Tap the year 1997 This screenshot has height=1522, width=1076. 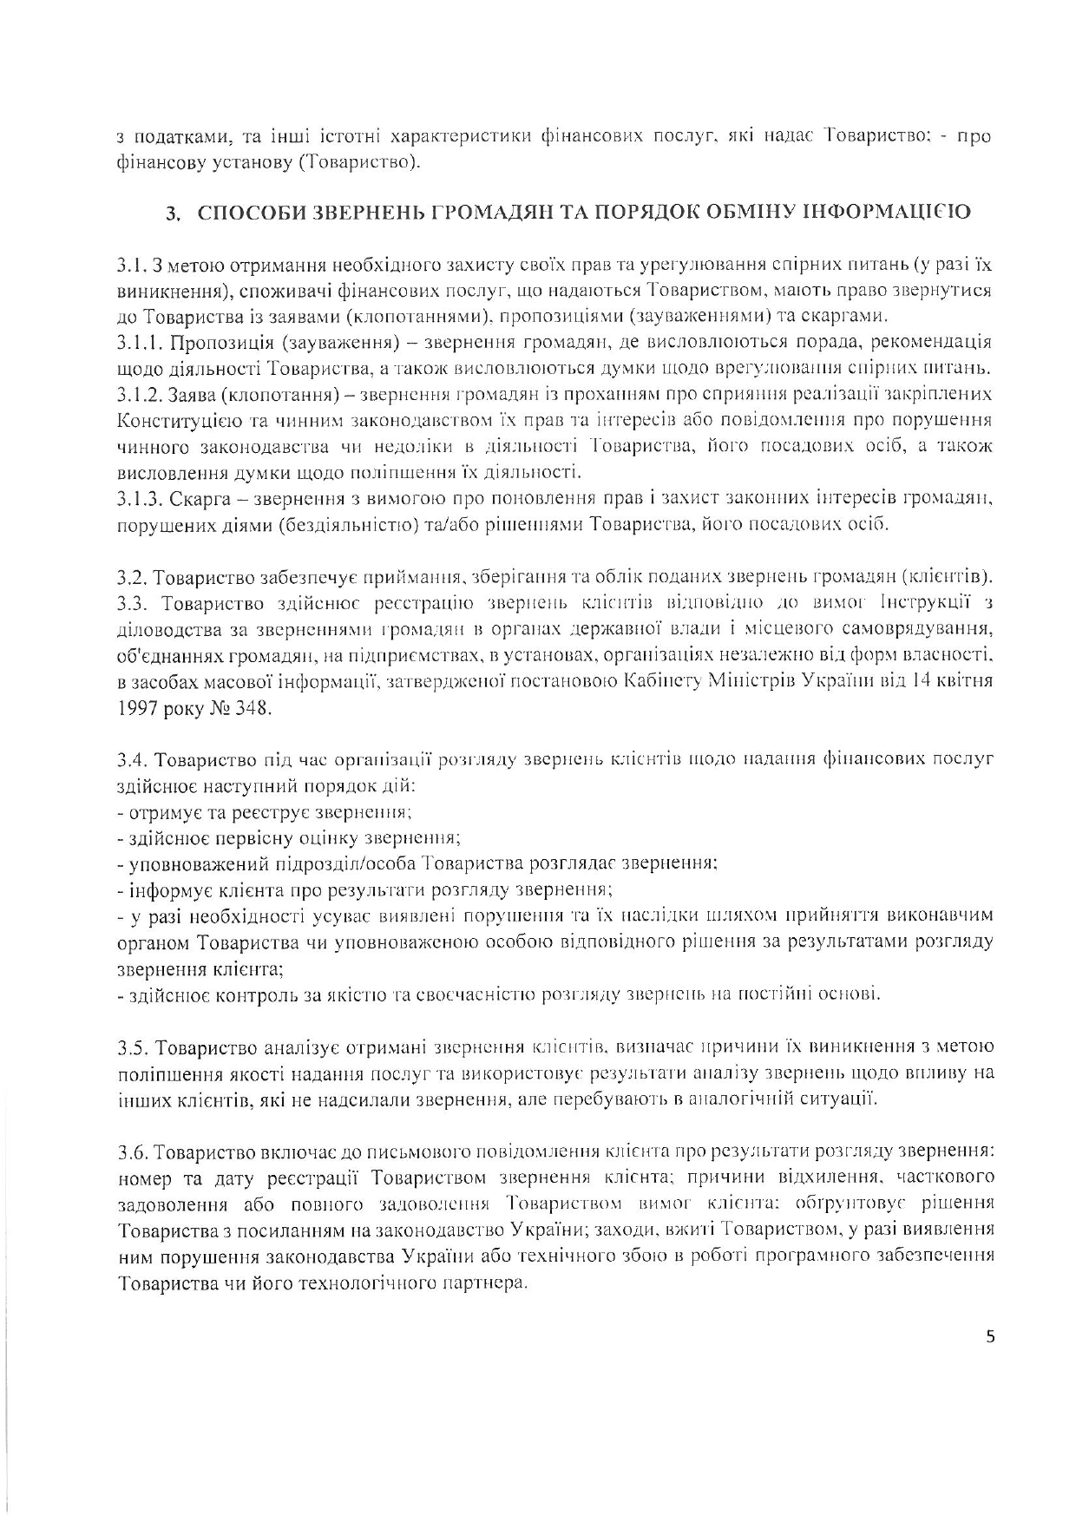[x=136, y=708]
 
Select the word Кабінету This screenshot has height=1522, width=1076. [x=662, y=681]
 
